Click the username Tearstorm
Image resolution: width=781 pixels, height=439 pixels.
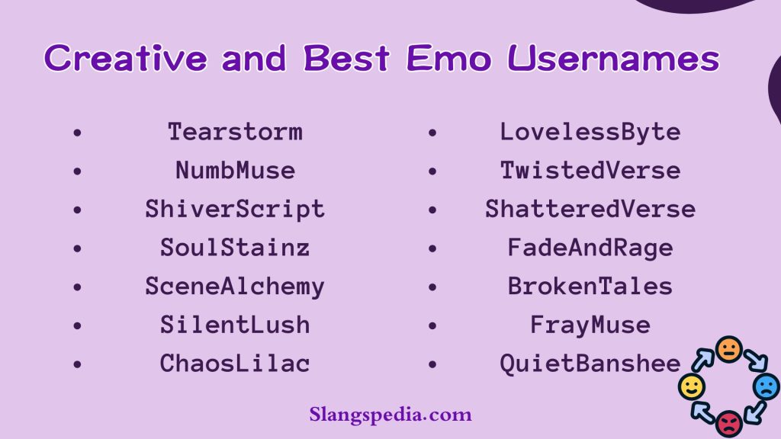click(x=235, y=132)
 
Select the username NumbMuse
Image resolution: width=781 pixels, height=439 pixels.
click(x=235, y=170)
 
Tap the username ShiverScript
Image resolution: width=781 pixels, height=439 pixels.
click(x=235, y=209)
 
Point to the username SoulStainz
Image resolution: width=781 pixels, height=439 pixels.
click(x=235, y=248)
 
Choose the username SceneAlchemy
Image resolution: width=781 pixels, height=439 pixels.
click(x=235, y=287)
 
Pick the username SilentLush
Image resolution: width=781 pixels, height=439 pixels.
click(x=235, y=325)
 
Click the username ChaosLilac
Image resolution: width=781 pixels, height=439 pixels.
click(x=235, y=364)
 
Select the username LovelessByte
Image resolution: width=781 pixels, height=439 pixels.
click(x=590, y=132)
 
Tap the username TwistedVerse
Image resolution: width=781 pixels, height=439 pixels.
click(x=590, y=170)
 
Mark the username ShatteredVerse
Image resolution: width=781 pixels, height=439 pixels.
click(x=590, y=209)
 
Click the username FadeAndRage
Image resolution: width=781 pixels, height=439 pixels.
click(x=590, y=248)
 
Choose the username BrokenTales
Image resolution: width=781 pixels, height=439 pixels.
click(x=590, y=287)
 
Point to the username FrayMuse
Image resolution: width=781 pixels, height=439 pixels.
click(x=590, y=325)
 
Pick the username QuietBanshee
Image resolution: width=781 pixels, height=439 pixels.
click(x=590, y=364)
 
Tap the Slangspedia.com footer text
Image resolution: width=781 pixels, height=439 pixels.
click(x=390, y=415)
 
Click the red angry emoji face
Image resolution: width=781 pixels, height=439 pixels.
click(x=729, y=421)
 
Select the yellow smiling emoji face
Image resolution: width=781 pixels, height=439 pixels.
click(x=691, y=387)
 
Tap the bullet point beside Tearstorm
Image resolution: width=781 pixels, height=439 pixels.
click(x=76, y=133)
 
